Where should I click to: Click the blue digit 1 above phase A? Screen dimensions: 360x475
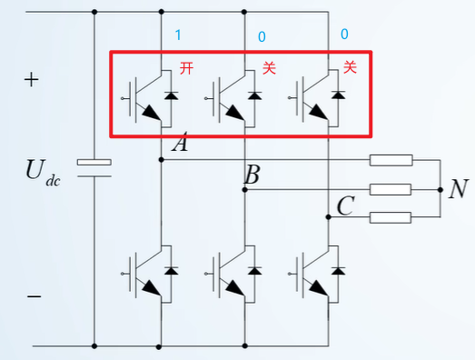(x=179, y=35)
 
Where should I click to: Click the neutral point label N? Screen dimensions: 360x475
(x=459, y=189)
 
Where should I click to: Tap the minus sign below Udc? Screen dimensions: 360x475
(x=34, y=296)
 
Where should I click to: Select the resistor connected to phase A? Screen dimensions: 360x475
(x=391, y=161)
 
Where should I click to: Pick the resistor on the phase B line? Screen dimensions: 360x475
(x=391, y=190)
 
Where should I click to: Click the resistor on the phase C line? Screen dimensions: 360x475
(x=391, y=217)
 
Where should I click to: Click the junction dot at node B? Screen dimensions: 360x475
(x=244, y=190)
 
